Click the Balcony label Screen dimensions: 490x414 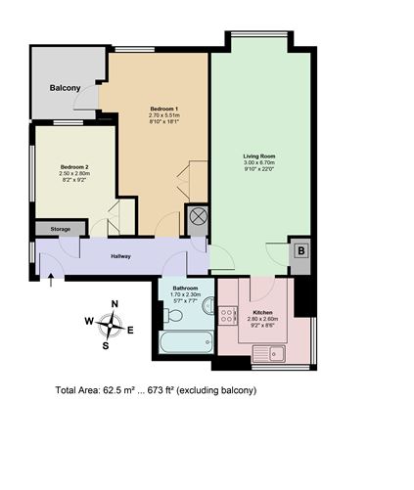click(x=67, y=88)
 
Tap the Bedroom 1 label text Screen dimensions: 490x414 click(x=164, y=108)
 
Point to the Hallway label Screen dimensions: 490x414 click(x=121, y=256)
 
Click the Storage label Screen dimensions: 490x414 click(x=61, y=229)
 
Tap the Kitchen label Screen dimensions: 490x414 click(x=263, y=285)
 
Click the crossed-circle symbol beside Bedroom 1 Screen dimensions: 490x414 click(x=199, y=217)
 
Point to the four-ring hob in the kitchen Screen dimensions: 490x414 click(x=227, y=316)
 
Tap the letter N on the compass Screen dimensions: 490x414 click(x=115, y=304)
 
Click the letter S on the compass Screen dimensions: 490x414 click(x=106, y=343)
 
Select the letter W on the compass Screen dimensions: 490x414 click(x=88, y=320)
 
